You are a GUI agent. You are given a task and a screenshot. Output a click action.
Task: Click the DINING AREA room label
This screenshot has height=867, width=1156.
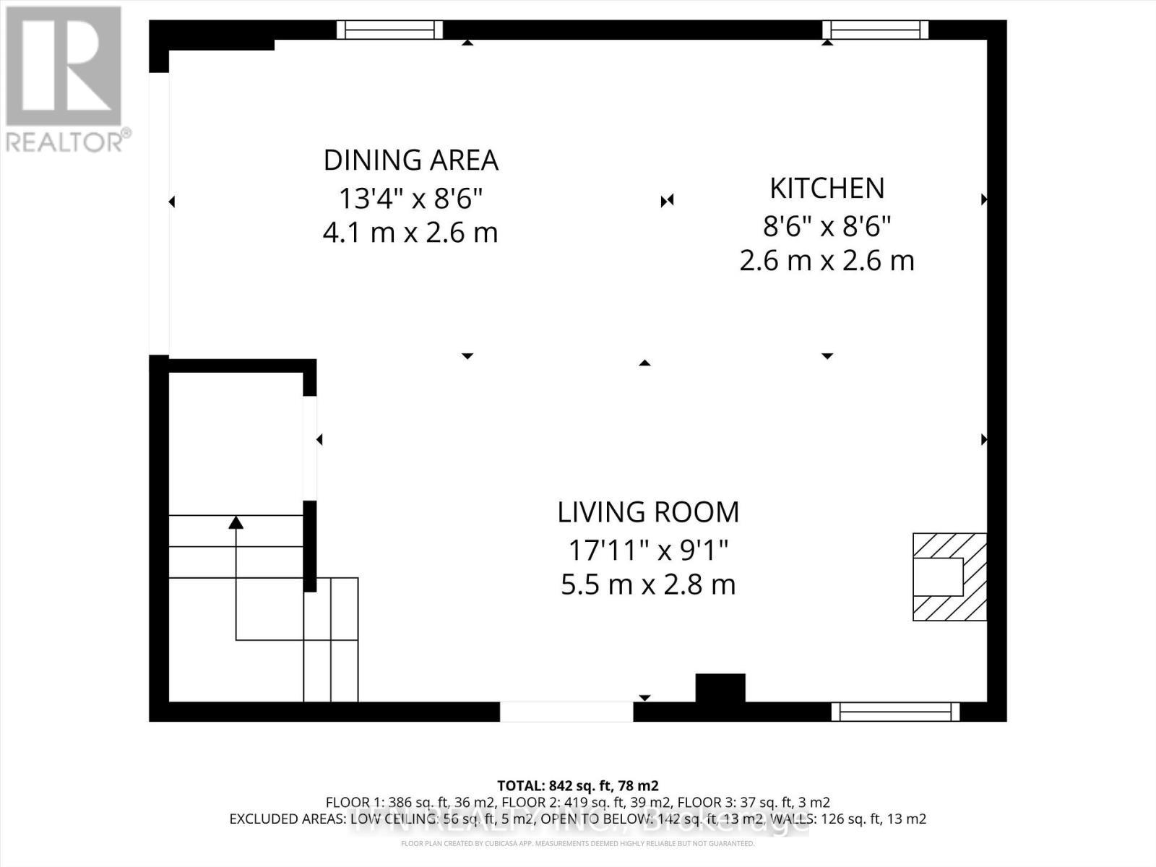coord(410,160)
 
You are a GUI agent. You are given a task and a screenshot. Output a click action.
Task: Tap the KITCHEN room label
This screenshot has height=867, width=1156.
coord(827,189)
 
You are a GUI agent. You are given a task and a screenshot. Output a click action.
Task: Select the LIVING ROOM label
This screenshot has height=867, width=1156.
coord(648,512)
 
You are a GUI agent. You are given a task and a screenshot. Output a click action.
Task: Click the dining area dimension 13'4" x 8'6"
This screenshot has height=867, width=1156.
coord(410,198)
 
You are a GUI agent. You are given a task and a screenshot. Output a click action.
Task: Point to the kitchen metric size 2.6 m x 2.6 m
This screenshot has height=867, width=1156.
coord(827,261)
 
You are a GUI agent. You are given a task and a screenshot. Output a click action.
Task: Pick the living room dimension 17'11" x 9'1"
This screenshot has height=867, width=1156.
coord(648,551)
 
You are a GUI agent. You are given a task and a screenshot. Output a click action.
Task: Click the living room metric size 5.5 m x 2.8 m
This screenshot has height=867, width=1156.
coord(648,585)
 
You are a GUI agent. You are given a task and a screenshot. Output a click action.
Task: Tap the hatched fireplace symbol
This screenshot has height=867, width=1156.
coord(949,577)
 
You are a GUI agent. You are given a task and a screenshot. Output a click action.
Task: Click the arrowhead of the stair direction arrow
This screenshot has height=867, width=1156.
coord(236,522)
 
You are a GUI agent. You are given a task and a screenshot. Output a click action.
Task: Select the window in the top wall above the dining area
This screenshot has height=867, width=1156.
coord(389,30)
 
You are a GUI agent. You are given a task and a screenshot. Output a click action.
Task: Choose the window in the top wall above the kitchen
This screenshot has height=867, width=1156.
coord(876,30)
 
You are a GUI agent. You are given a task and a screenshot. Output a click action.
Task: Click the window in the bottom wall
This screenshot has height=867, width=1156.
coord(895,712)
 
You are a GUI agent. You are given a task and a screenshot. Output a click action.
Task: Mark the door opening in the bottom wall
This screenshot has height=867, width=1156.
coord(566,712)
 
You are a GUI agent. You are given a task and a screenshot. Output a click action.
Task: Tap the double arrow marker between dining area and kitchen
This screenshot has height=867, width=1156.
coord(667,200)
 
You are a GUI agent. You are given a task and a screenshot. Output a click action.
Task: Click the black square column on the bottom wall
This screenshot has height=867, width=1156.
coord(720,688)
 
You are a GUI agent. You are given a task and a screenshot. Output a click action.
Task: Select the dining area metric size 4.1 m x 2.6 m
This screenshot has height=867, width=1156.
coord(410,233)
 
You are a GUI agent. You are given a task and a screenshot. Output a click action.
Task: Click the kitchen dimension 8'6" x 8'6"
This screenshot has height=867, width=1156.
coord(827,227)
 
